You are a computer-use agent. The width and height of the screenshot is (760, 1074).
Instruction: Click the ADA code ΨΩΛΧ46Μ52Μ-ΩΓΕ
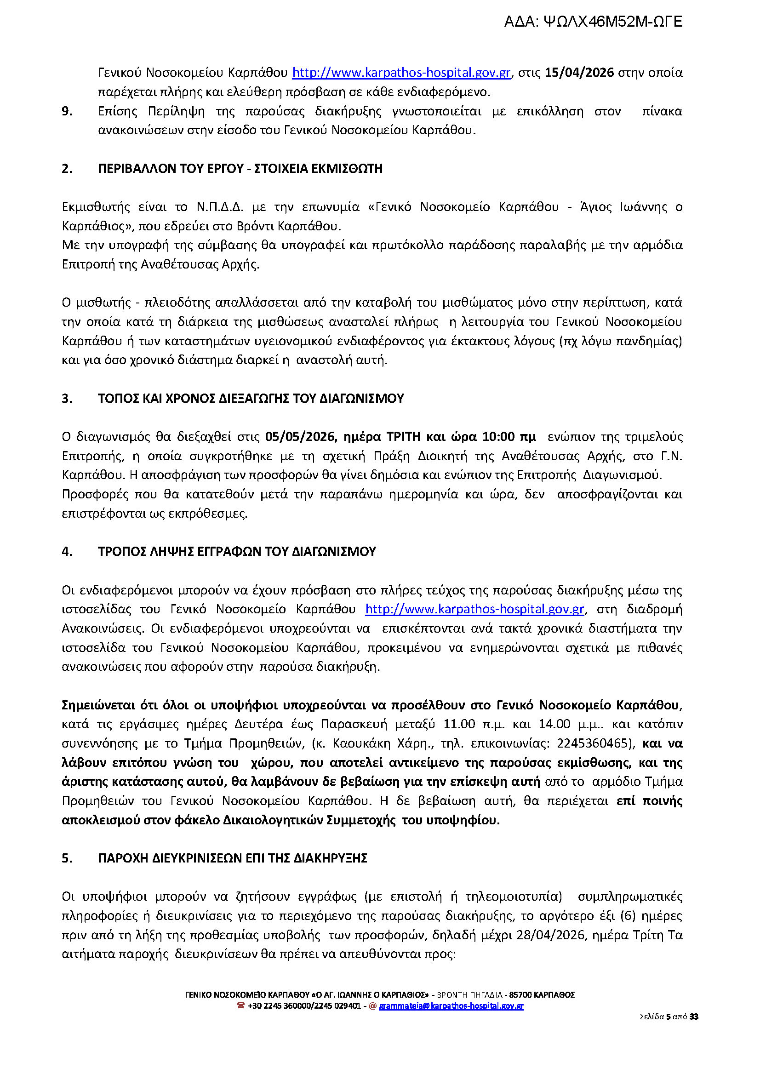[x=613, y=22]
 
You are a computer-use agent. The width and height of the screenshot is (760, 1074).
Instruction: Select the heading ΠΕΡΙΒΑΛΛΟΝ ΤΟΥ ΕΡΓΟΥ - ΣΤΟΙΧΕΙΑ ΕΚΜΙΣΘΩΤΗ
[x=240, y=168]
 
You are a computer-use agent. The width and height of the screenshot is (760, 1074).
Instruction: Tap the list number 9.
[x=67, y=111]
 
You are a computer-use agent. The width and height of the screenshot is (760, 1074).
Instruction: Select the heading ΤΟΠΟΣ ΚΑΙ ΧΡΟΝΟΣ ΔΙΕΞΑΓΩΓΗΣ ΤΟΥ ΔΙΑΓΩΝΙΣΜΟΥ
[x=251, y=398]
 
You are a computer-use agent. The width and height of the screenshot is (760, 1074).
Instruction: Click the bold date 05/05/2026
[x=299, y=437]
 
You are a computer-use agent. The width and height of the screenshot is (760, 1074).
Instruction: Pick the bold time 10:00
[x=498, y=437]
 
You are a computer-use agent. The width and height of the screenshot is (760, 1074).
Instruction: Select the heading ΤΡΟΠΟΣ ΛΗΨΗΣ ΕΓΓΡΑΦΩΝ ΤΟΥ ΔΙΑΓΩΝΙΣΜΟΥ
[x=237, y=551]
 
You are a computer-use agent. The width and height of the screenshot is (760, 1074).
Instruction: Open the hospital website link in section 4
[x=474, y=609]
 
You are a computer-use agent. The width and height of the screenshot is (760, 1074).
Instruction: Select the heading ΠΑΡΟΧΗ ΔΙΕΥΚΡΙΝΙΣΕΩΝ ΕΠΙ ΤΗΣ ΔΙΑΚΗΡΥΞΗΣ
[x=233, y=858]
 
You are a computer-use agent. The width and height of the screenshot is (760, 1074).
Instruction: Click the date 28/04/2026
[x=551, y=935]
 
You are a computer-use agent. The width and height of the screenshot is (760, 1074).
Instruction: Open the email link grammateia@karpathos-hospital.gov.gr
[x=451, y=1005]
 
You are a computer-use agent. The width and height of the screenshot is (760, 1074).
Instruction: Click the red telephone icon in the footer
[x=241, y=1005]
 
